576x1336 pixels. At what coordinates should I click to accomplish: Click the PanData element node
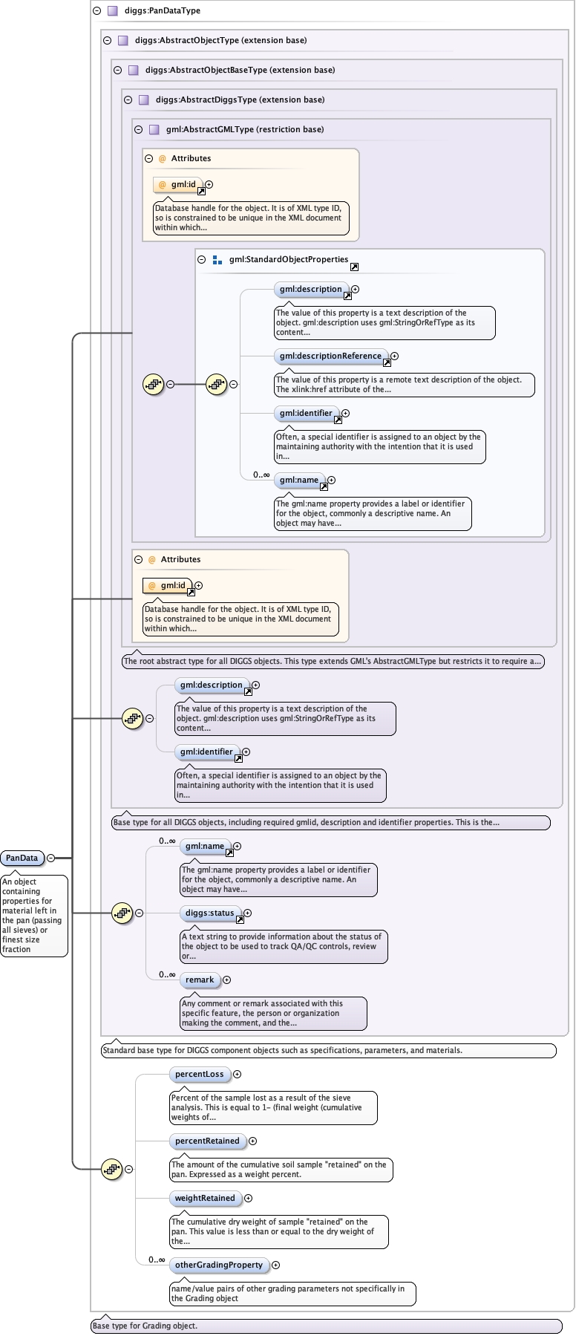[22, 858]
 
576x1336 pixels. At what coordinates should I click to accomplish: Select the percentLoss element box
[199, 1074]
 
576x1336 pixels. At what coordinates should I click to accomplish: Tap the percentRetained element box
[207, 1141]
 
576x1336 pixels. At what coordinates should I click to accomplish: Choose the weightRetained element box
[204, 1198]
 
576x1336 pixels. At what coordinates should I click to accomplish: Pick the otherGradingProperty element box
[218, 1265]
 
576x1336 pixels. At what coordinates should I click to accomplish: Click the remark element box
[200, 980]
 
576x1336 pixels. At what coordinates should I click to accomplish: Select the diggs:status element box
[210, 913]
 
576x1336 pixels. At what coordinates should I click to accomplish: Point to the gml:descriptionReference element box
[330, 356]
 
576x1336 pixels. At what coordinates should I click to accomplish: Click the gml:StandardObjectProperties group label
[288, 259]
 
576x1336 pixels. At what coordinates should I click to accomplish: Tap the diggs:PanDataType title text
[162, 10]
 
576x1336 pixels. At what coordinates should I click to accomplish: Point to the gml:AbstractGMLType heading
[245, 129]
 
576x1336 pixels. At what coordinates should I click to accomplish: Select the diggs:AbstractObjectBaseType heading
[240, 70]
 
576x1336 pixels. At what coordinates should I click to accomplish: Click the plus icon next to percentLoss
[238, 1074]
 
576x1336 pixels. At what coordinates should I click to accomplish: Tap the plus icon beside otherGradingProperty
[276, 1265]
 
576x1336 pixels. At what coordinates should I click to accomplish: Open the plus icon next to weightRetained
[249, 1198]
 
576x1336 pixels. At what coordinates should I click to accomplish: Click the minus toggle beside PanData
[51, 858]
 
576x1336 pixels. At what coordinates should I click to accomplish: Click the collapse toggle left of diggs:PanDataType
[96, 10]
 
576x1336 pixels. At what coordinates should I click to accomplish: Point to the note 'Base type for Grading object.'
[145, 1326]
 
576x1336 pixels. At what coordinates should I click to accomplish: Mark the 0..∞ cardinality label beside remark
[167, 974]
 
